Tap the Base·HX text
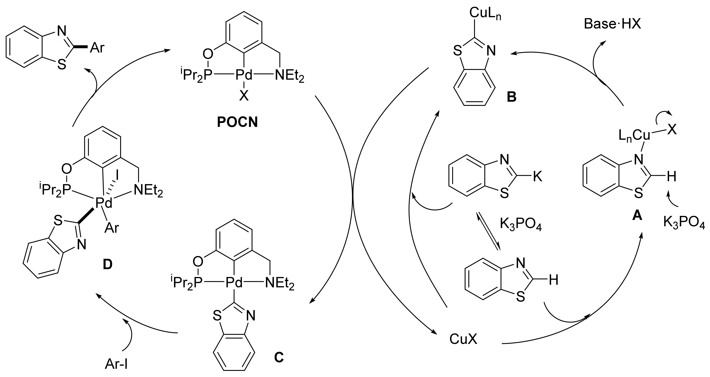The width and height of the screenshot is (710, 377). pyautogui.click(x=612, y=24)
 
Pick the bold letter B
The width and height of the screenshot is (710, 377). pyautogui.click(x=511, y=97)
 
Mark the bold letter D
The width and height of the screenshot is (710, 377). pyautogui.click(x=107, y=264)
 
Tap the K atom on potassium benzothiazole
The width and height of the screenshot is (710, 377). pyautogui.click(x=538, y=177)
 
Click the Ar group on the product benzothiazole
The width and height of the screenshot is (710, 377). pyautogui.click(x=97, y=48)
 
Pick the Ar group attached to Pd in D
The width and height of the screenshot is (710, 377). pyautogui.click(x=112, y=228)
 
